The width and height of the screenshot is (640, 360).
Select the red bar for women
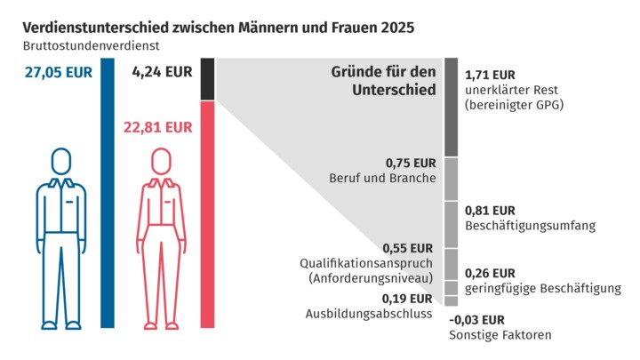(x=208, y=213)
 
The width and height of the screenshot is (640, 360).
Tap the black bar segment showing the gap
(x=208, y=79)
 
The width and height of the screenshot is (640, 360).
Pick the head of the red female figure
(x=161, y=162)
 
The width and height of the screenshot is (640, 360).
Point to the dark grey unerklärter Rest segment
(x=451, y=107)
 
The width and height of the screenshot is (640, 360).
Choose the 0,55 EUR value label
(x=408, y=248)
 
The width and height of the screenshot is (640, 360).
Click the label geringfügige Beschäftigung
(x=531, y=288)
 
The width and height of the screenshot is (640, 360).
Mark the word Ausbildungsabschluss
(x=369, y=313)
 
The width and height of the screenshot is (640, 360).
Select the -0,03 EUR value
(x=477, y=319)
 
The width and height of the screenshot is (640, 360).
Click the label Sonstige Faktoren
(x=500, y=335)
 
